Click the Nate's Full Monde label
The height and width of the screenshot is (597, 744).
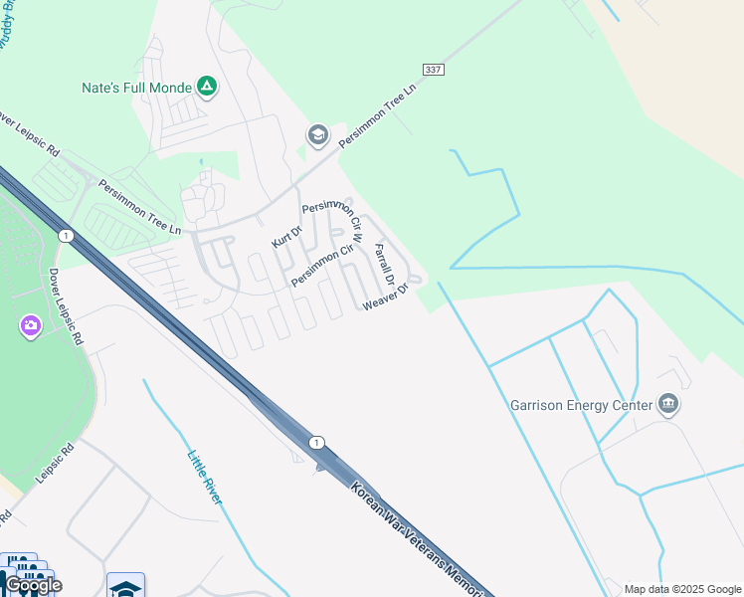(x=135, y=88)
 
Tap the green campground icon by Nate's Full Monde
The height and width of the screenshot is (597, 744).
(x=207, y=88)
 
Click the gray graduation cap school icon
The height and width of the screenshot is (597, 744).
(x=318, y=135)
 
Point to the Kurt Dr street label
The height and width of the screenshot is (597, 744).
(x=286, y=235)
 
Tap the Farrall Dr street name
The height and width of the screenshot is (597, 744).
(x=384, y=266)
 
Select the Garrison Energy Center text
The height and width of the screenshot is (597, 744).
(x=581, y=405)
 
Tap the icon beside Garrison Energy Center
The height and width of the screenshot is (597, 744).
(x=669, y=404)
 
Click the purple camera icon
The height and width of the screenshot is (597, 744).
(x=30, y=325)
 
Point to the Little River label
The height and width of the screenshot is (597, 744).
(x=204, y=479)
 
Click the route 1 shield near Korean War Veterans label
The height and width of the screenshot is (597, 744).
(x=316, y=442)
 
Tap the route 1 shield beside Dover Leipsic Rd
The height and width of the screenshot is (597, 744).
(x=66, y=236)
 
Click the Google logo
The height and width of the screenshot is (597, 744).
(x=34, y=585)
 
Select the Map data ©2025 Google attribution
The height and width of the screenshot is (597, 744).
(x=683, y=589)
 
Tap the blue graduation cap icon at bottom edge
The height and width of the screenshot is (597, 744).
(x=126, y=586)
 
